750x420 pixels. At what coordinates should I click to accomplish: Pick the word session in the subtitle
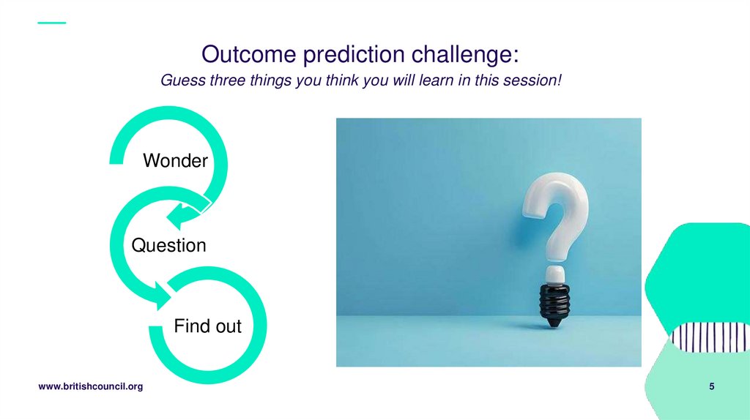coord(532,80)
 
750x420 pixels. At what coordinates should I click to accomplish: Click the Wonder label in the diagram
coord(175,161)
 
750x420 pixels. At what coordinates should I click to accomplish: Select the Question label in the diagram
coord(168,246)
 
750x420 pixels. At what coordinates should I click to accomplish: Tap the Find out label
coord(207,326)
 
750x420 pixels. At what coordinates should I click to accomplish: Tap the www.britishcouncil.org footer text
coord(90,386)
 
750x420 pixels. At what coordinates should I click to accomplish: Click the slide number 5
coord(711,386)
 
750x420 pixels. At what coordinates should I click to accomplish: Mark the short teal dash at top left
coord(51,23)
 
